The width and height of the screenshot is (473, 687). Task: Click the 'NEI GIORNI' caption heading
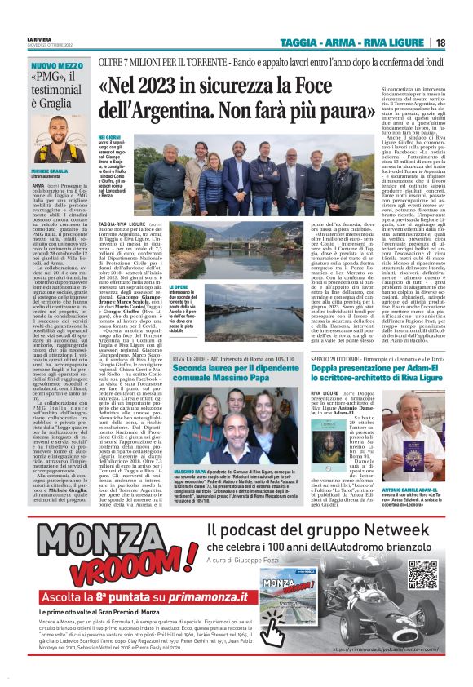pos(109,139)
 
